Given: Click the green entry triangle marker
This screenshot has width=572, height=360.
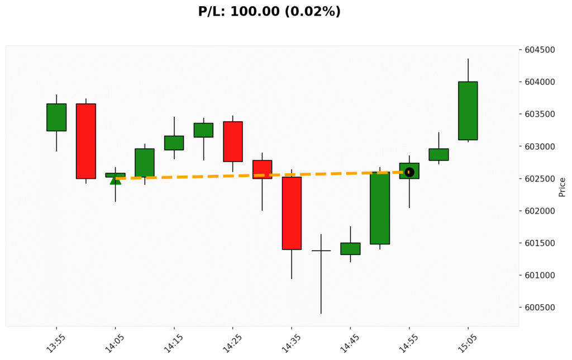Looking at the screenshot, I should click(115, 179).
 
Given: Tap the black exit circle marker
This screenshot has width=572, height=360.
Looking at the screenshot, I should click(409, 172).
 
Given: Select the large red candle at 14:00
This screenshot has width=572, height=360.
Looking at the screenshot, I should click(85, 141).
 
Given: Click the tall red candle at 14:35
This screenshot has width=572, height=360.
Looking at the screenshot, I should click(292, 213).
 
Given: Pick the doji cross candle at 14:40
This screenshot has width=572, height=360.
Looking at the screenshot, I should click(321, 250).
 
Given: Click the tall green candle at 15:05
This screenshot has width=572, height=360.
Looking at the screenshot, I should click(468, 111).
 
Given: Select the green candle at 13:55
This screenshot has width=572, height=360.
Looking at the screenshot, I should click(56, 117).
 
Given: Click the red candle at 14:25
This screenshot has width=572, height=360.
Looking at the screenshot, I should click(233, 141).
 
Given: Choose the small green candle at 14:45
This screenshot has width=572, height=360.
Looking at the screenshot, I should click(350, 249).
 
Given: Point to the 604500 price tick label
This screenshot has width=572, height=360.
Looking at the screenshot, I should click(540, 50).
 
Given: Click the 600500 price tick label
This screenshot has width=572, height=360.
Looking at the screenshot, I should click(540, 307).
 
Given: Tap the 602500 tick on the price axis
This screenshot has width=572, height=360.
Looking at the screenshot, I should click(540, 179).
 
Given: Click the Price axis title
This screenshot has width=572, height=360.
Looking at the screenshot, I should click(562, 187).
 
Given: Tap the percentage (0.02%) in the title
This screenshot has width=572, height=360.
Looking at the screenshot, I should click(314, 11).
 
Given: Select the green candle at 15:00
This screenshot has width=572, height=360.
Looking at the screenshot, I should click(438, 154).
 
